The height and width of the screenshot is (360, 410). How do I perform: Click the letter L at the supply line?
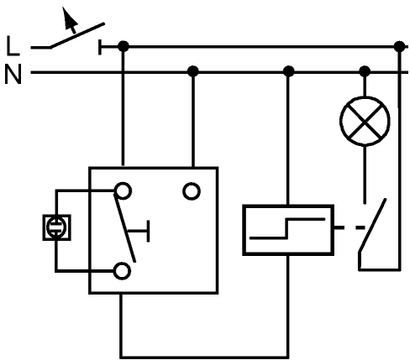(13, 45)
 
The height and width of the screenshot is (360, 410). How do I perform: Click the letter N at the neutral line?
(13, 74)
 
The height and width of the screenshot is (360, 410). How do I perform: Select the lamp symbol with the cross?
(365, 121)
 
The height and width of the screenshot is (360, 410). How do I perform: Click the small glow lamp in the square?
(56, 227)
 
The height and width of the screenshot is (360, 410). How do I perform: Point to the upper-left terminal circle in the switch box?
(123, 190)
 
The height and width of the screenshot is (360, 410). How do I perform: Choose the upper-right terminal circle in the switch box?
(192, 191)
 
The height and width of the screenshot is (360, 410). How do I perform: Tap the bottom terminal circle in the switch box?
(122, 271)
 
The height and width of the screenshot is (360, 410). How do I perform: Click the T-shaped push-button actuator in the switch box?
(139, 231)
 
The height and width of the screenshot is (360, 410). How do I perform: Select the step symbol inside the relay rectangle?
(287, 228)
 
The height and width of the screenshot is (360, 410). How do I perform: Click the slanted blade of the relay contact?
(373, 226)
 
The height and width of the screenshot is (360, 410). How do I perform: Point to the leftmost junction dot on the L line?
(124, 46)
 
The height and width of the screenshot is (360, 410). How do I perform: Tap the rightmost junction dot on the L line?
(399, 46)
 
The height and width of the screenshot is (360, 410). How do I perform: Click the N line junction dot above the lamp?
(365, 71)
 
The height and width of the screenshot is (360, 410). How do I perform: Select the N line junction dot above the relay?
(288, 71)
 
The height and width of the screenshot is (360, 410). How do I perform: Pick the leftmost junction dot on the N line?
(192, 71)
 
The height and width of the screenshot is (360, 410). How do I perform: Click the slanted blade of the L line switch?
(77, 35)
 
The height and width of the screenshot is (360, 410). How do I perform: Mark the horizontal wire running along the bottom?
(204, 357)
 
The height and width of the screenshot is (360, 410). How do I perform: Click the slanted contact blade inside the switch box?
(125, 227)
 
